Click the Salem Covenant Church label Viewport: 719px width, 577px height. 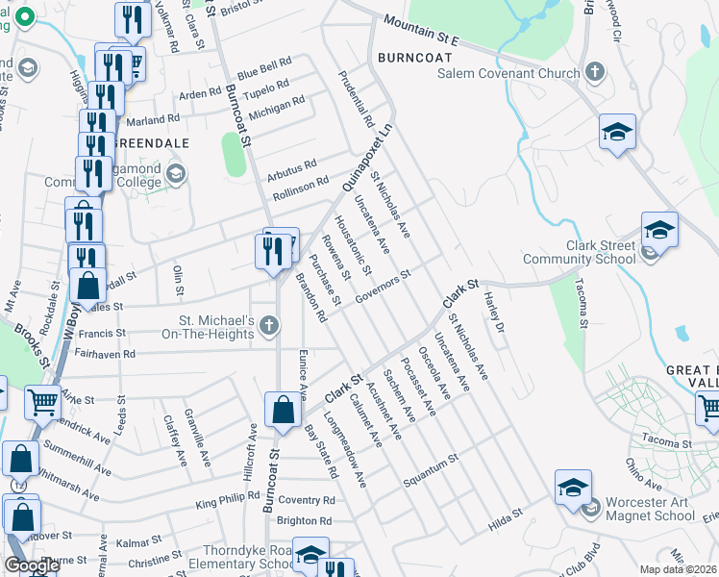pyautogui.click(x=508, y=73)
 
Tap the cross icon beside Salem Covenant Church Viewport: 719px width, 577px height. pyautogui.click(x=595, y=71)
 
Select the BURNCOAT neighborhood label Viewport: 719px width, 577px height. pyautogui.click(x=413, y=57)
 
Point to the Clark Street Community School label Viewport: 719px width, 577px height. pyautogui.click(x=580, y=252)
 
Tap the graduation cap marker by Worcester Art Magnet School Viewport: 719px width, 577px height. pyautogui.click(x=573, y=488)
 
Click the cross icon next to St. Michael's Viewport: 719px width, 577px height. pyautogui.click(x=269, y=327)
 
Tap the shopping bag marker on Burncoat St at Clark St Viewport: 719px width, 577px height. pyautogui.click(x=285, y=410)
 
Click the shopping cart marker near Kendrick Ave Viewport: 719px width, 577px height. pyautogui.click(x=42, y=404)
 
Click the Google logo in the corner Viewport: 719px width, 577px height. pyautogui.click(x=33, y=565)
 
